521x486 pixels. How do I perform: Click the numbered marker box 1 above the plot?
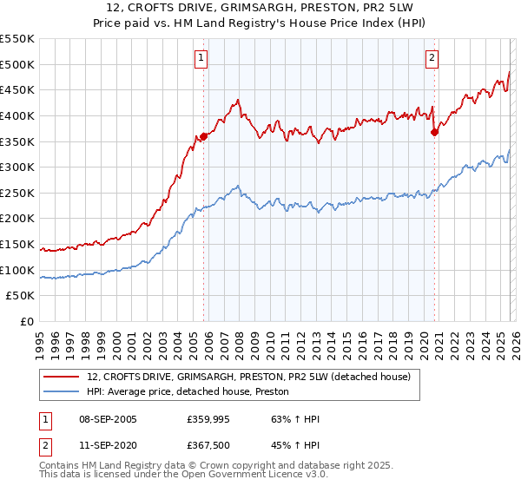coord(201,58)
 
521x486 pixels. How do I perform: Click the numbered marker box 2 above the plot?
coord(432,58)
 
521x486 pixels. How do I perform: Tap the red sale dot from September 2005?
coord(204,135)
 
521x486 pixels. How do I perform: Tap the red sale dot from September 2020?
coord(435,132)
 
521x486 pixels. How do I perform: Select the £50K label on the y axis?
coord(21,296)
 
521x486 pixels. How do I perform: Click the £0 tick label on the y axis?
coord(28,322)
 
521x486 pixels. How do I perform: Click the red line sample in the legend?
coord(62,377)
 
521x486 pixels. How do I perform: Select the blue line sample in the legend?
coord(62,392)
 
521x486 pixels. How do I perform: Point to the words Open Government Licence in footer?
coord(267,476)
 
